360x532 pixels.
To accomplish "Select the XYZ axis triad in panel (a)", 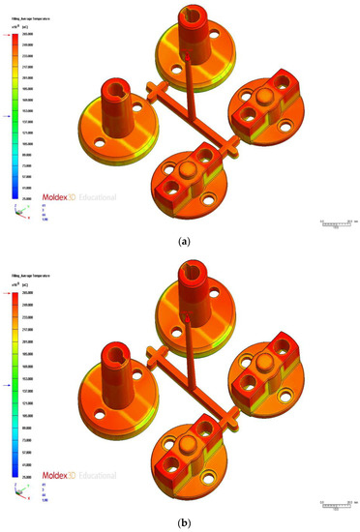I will (19, 213).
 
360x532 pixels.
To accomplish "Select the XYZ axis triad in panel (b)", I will (19, 481).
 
